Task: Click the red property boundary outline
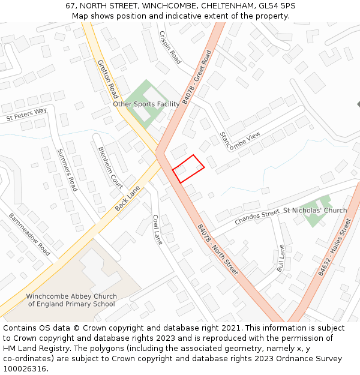[188, 168]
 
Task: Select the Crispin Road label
[170, 47]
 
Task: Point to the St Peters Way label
[27, 114]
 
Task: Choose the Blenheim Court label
[110, 167]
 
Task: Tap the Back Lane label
[128, 197]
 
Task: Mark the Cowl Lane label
[157, 229]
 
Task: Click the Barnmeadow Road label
[29, 234]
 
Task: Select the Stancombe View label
[240, 142]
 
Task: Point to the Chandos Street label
[257, 217]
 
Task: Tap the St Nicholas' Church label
[315, 211]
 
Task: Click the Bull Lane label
[280, 258]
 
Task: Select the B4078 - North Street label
[218, 250]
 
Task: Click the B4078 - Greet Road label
[197, 77]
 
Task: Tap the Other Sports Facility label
[146, 104]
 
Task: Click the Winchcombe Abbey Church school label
[71, 300]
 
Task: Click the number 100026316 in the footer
[24, 369]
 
